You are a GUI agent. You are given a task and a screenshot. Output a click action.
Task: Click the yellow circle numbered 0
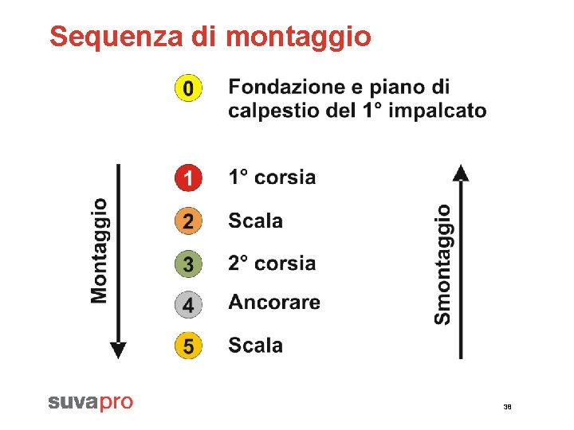[188, 87]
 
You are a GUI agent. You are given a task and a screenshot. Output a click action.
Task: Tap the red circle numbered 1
[188, 178]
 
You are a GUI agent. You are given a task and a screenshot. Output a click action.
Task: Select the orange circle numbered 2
[188, 221]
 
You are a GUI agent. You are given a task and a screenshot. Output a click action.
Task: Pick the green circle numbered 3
[188, 263]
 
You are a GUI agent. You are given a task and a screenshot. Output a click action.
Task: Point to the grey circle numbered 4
[188, 304]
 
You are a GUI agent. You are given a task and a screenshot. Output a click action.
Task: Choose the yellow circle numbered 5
[188, 346]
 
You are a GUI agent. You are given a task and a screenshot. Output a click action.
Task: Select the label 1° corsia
[272, 178]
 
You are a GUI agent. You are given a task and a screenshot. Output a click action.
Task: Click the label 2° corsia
[272, 263]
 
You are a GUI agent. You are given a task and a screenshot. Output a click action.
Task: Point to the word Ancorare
[274, 303]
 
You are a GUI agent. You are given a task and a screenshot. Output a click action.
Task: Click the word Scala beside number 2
[255, 221]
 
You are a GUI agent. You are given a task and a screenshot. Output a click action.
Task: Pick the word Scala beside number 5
[255, 346]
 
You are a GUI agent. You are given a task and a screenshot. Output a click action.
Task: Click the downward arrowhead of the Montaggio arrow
[118, 350]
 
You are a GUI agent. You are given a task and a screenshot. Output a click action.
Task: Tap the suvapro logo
[90, 402]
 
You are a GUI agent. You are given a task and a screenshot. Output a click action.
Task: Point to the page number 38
[507, 407]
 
